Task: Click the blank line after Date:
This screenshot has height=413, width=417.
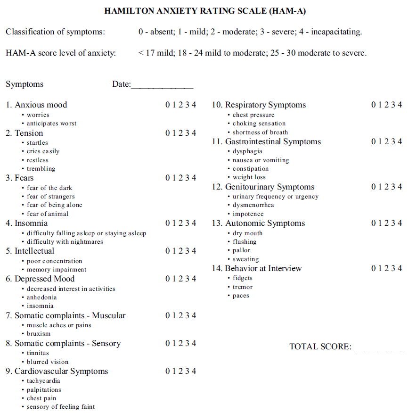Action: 162,85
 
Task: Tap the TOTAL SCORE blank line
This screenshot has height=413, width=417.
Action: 380,348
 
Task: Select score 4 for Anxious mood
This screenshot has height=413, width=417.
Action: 194,105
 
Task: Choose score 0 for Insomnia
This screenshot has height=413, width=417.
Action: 168,223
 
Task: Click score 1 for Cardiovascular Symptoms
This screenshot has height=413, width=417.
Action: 174,371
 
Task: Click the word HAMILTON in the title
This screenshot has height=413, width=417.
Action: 128,11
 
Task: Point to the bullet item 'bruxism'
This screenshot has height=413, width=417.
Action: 39,333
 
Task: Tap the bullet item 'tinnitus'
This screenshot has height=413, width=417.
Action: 38,353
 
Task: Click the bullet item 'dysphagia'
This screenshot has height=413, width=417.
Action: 247,151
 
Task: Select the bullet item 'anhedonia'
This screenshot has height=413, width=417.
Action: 41,297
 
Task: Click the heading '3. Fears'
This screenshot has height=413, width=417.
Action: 20,178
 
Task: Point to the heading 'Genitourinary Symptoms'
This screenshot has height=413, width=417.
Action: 270,187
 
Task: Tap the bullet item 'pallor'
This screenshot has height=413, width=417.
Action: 241,250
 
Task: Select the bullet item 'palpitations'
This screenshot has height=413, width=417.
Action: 44,389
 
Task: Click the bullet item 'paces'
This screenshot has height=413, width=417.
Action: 241,296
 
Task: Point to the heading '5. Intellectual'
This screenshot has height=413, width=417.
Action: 30,251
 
